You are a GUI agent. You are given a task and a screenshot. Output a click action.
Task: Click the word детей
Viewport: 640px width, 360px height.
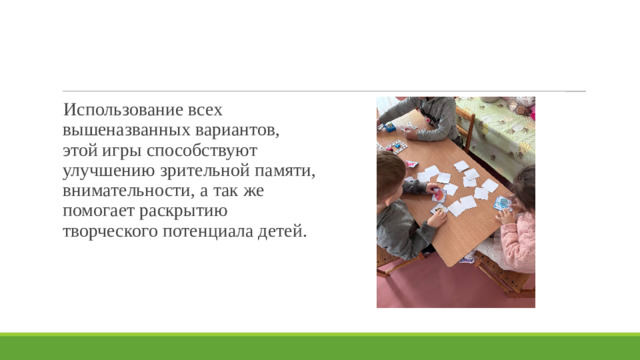(x=284, y=232)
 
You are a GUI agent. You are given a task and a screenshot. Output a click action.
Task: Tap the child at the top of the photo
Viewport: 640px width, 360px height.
(x=420, y=113)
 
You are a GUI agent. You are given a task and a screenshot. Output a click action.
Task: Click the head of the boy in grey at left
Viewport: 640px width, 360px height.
(x=390, y=172)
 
